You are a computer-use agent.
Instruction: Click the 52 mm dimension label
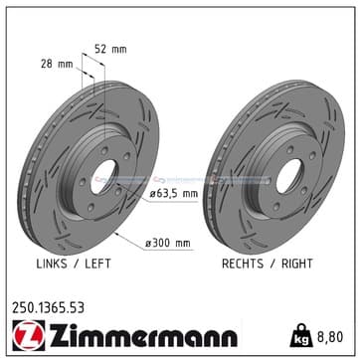(110, 50)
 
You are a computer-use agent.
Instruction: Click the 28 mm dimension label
(57, 64)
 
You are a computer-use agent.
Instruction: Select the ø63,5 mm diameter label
(173, 193)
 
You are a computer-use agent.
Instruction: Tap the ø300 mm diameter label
(168, 244)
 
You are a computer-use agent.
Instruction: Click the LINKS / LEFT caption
(74, 264)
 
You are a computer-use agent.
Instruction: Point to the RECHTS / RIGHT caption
(268, 264)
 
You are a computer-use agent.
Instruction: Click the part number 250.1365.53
(49, 308)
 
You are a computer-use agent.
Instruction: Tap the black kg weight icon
(301, 335)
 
